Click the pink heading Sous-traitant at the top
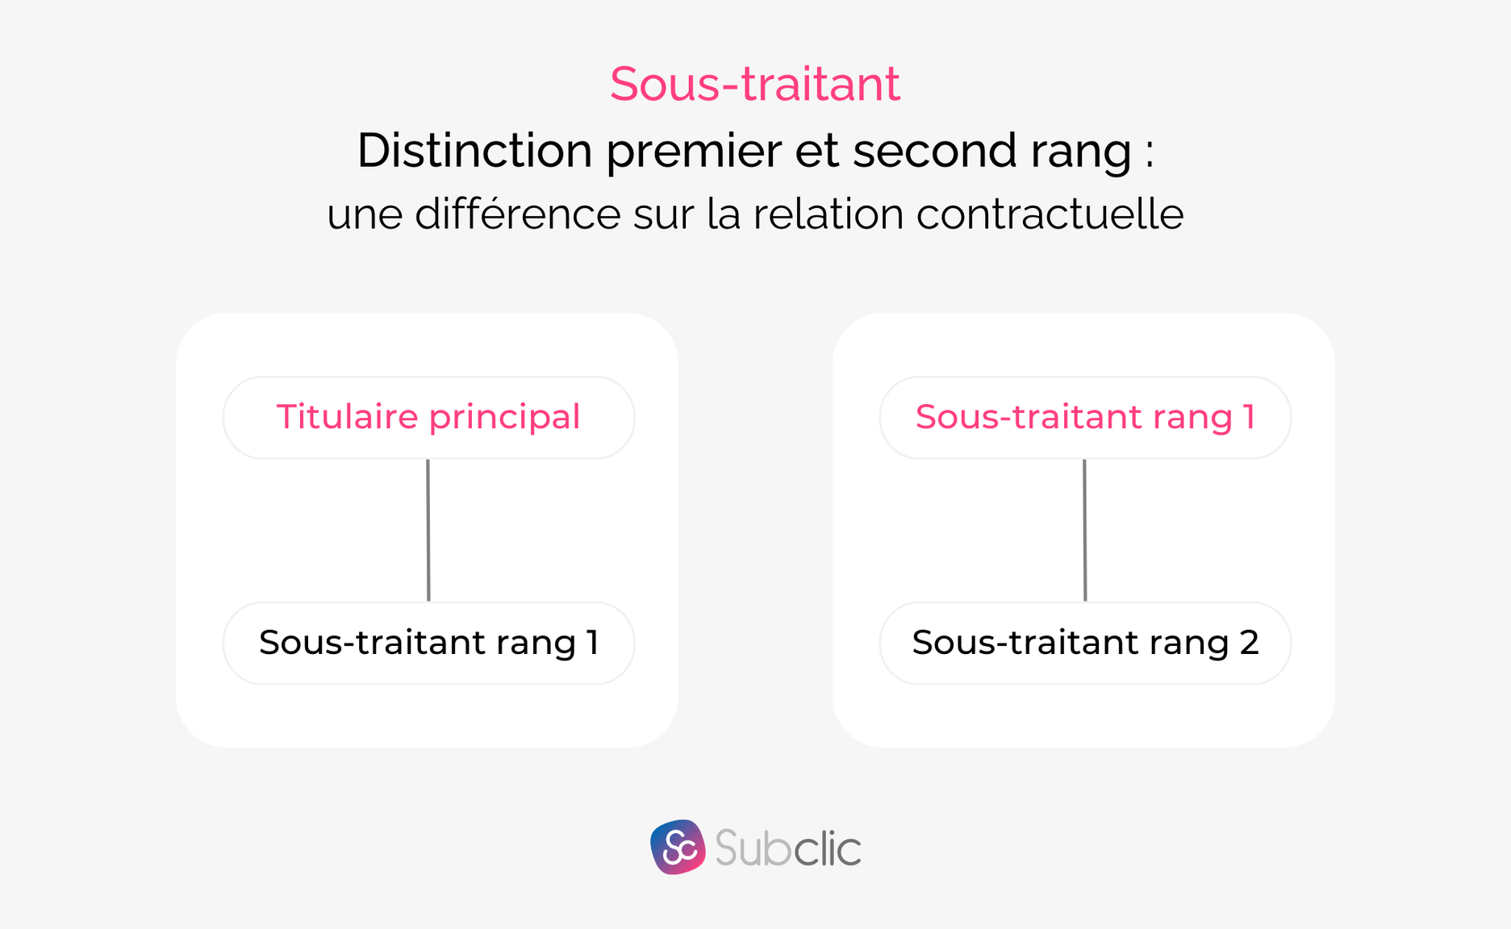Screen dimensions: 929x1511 (754, 84)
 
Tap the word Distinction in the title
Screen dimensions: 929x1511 (474, 151)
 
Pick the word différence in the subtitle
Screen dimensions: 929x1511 (517, 215)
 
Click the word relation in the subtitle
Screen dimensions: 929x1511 (829, 215)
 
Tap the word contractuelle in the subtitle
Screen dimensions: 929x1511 (1050, 215)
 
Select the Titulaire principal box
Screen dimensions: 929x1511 (428, 418)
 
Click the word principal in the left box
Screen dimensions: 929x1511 (504, 418)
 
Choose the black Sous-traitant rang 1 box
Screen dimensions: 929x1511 (428, 643)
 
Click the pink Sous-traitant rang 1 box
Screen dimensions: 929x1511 (1085, 418)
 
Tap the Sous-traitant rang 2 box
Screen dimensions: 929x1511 (1085, 643)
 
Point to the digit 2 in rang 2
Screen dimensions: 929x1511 (1248, 643)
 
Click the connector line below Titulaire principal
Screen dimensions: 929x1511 (428, 530)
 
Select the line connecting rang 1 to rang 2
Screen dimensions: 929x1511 (1085, 530)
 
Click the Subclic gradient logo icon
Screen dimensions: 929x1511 (678, 847)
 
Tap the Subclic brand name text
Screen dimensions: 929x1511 (787, 848)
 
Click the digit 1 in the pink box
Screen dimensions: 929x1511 (1249, 418)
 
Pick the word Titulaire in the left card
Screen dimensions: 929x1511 (348, 418)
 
